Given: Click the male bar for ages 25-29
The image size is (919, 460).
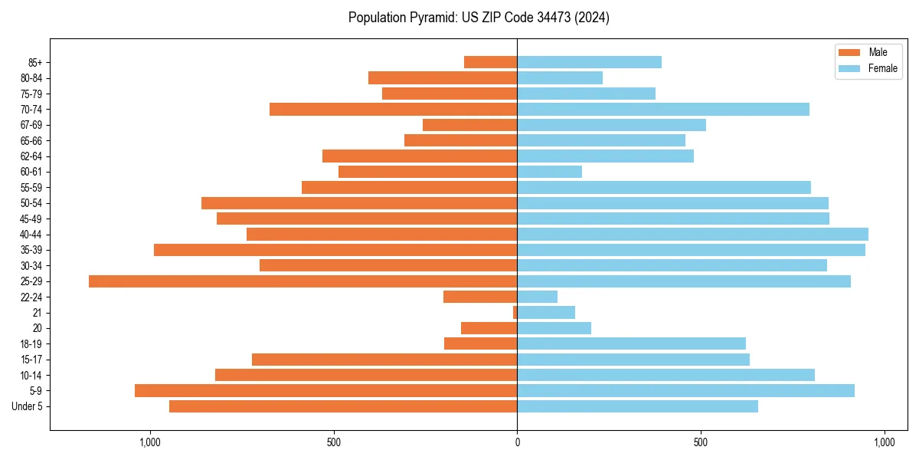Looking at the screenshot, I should pos(303,281).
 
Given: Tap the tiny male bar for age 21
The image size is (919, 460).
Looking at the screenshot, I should pos(515,313).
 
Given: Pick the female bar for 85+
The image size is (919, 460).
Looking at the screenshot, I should pos(589,62).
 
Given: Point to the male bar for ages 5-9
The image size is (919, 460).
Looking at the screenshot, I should pos(325,391).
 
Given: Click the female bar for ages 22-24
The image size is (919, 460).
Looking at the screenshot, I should pos(537,297).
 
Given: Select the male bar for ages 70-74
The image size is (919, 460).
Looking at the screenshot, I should pos(393,110).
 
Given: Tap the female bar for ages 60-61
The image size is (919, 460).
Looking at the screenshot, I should pos(549,172).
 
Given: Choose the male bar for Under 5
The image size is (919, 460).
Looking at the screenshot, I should pos(343,406).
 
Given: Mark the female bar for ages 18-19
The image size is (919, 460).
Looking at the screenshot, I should pos(631,343).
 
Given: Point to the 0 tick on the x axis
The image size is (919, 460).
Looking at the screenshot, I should pos(517,442).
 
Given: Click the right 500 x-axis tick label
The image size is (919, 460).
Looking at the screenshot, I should pos(701,442).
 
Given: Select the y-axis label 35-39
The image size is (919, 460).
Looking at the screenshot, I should pos(31,250).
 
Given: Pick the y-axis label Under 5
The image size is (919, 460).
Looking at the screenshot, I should pos(28,406).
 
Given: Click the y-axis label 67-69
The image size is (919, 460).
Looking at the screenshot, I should pos(31,125).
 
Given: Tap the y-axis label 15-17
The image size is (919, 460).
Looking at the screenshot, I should pos(31,360).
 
